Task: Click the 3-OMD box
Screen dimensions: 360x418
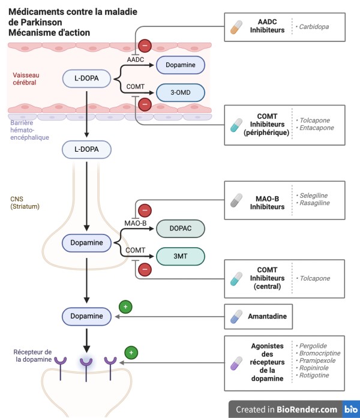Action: [181, 92]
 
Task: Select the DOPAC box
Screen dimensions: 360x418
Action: [181, 228]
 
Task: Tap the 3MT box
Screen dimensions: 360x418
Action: [181, 256]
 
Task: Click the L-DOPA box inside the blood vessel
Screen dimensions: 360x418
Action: [86, 79]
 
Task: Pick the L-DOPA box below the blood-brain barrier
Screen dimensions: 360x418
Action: [86, 149]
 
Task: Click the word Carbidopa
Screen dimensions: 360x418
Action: [314, 26]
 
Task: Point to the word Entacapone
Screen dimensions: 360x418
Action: [317, 128]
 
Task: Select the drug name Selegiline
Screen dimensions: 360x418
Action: [314, 196]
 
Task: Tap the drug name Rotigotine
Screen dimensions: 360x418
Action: [314, 375]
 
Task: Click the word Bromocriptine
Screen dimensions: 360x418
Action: [320, 353]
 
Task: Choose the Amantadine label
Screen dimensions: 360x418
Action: [267, 316]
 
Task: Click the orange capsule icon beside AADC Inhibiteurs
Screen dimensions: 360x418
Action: [236, 27]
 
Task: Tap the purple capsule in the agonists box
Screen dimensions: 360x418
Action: [236, 363]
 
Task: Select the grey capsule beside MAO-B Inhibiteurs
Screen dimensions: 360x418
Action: [236, 200]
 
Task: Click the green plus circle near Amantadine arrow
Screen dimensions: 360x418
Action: [125, 307]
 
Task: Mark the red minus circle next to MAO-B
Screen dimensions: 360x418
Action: [145, 210]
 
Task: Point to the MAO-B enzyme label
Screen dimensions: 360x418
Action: [136, 223]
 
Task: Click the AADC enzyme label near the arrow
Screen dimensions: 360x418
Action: [136, 59]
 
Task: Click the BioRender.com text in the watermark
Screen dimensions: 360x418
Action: [307, 409]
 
